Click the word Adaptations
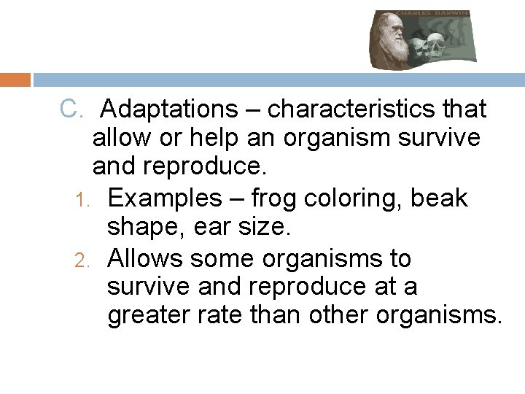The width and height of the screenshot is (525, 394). (164, 109)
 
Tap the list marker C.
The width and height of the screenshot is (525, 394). (73, 109)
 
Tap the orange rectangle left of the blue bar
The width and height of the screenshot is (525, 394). (15, 80)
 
